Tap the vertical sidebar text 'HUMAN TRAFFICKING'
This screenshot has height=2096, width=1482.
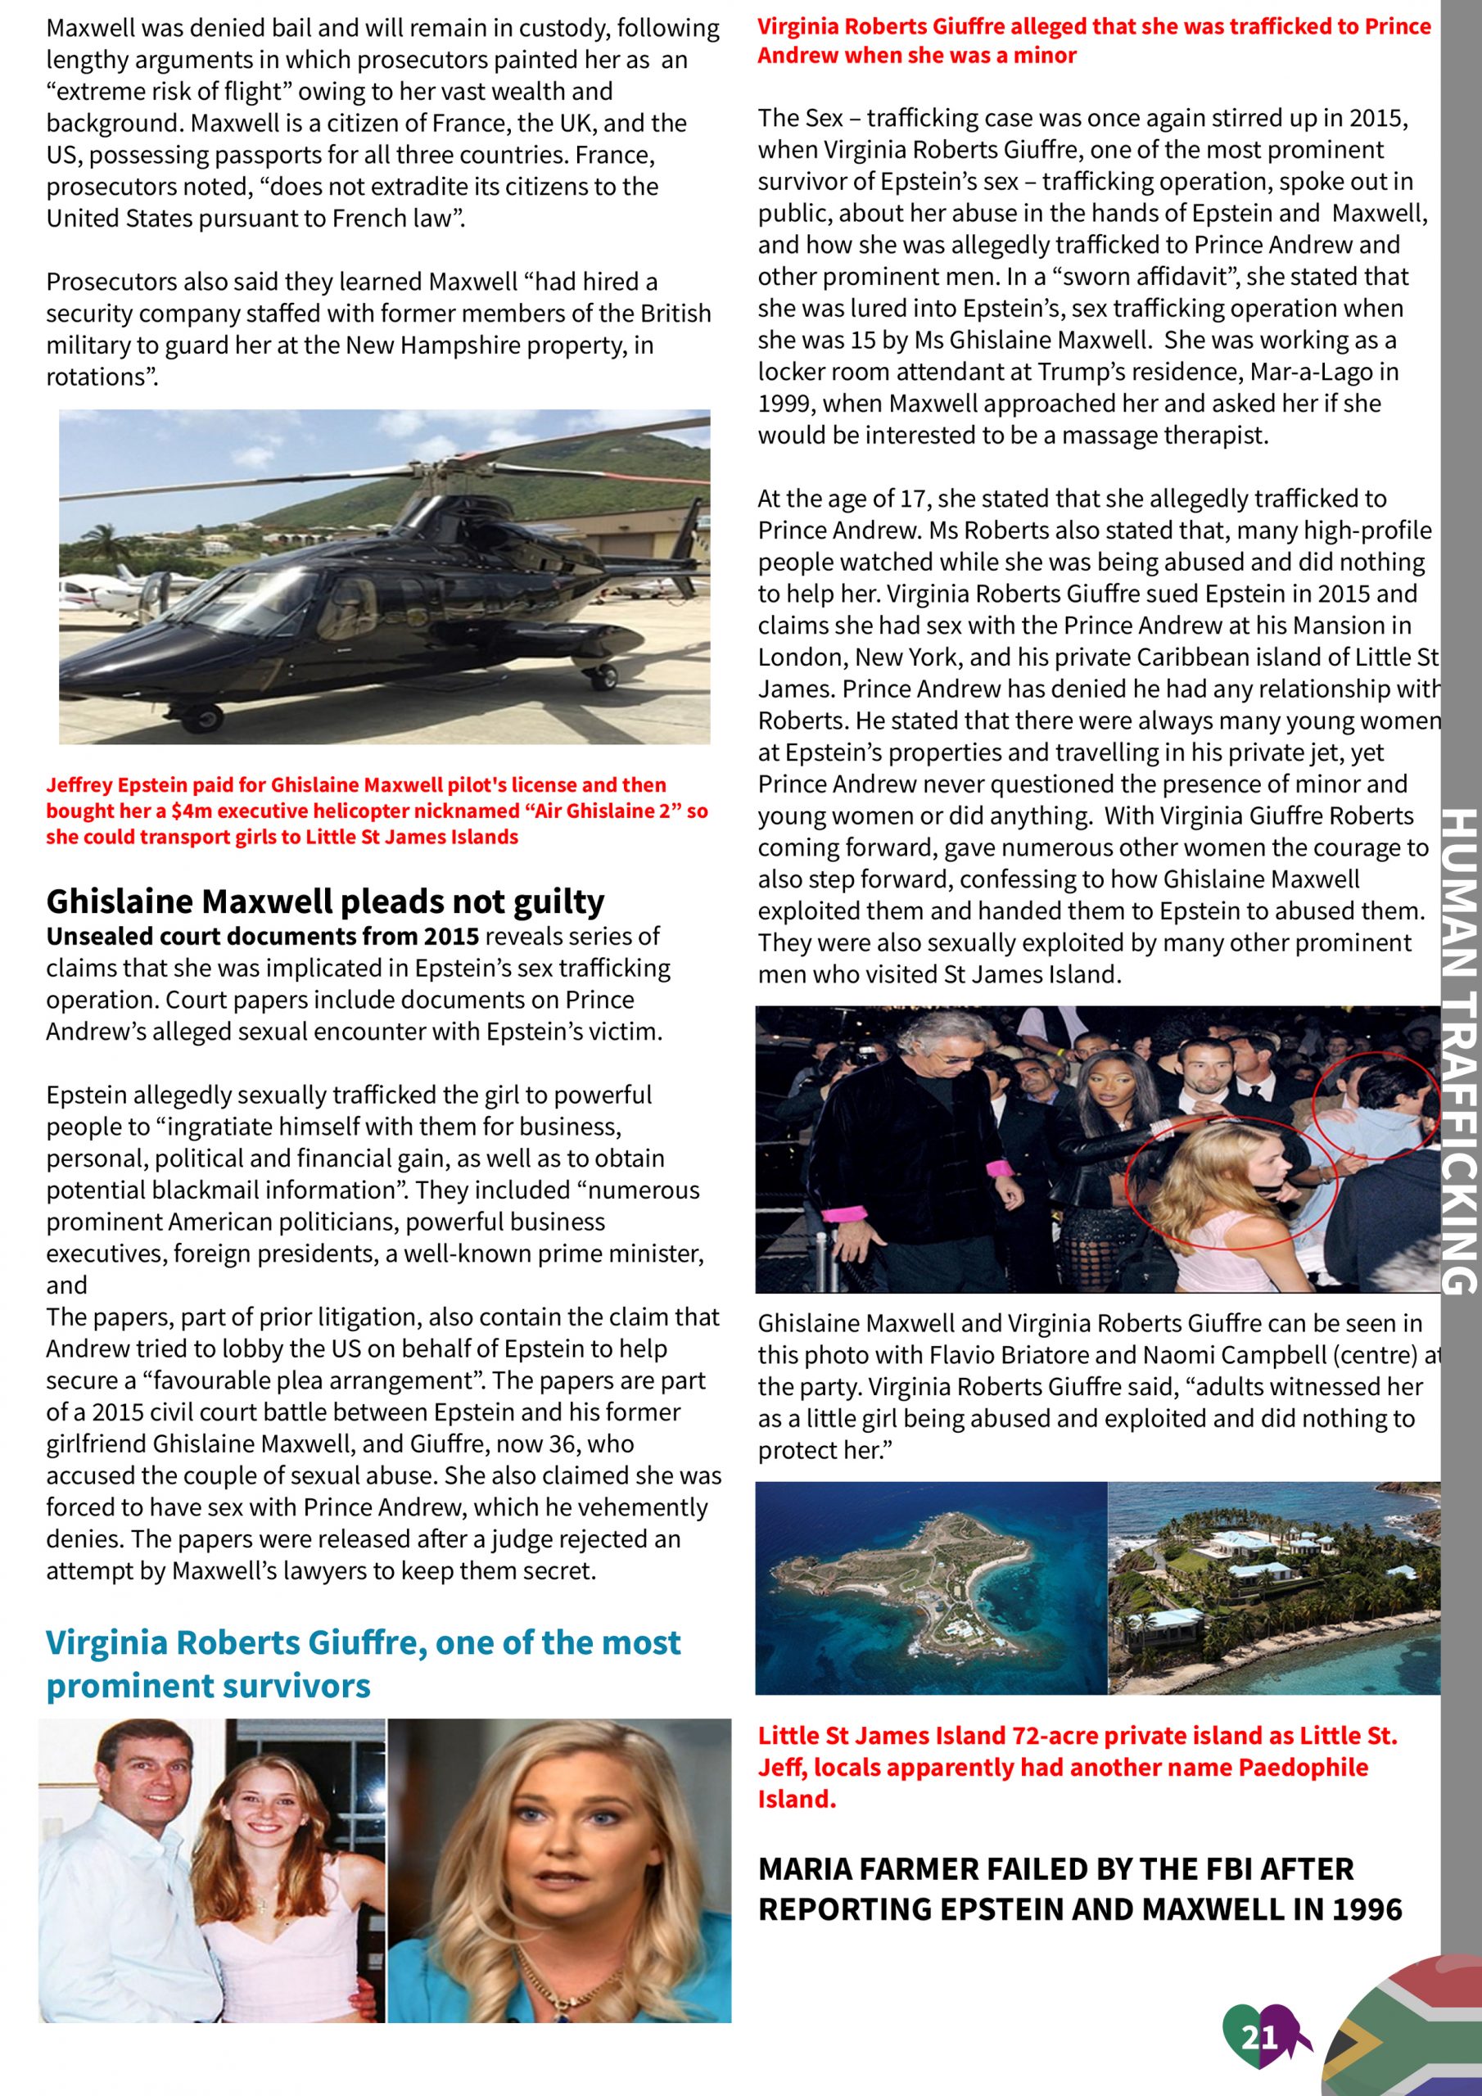1458,1050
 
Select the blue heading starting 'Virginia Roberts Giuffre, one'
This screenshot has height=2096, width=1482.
363,1663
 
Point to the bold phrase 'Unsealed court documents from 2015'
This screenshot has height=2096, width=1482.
263,937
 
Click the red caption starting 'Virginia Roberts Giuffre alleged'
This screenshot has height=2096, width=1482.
1093,40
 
